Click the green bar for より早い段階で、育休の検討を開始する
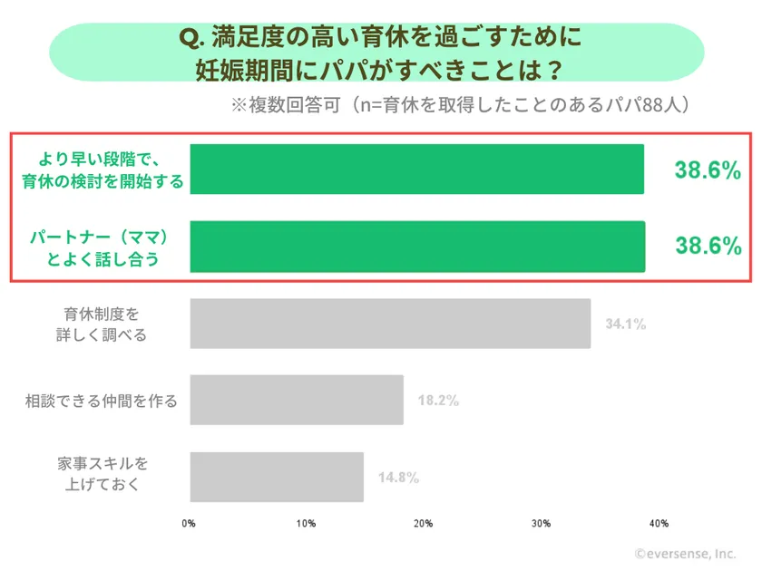coord(416,169)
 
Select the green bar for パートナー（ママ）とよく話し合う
coord(416,247)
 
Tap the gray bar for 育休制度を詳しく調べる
coord(390,324)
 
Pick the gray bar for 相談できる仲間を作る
coord(297,400)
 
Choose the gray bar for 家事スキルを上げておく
coord(277,477)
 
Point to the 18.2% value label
coord(438,400)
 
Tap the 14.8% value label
coord(398,478)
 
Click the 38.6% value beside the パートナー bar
coord(708,246)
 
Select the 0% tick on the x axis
coord(190,523)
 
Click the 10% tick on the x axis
coord(306,523)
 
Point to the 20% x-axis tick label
coord(423,523)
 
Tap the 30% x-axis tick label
coord(541,523)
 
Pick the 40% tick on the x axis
coord(658,523)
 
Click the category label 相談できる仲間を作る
coord(101,400)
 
